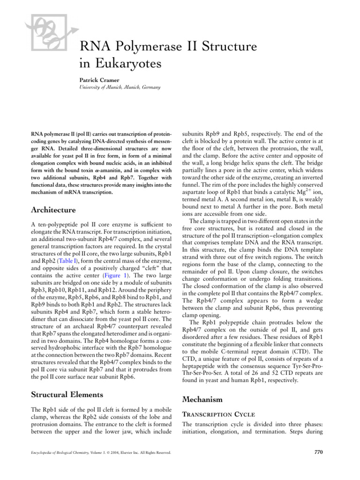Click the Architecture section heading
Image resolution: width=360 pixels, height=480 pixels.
[x=50, y=210]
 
